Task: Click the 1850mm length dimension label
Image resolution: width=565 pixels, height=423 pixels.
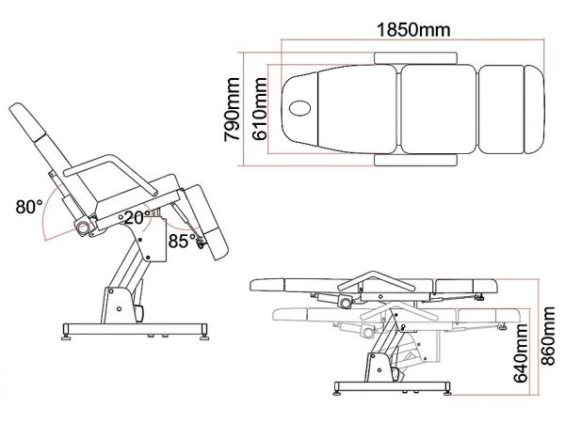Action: coord(413,29)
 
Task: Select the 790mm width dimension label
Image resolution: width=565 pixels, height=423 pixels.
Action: coord(232,109)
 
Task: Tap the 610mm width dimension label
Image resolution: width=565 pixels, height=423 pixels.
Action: coord(260,109)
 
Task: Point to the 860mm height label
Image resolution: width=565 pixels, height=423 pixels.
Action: coord(548,336)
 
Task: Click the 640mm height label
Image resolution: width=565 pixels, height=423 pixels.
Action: coord(520,352)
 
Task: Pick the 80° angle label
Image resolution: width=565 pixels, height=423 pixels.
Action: coord(29,207)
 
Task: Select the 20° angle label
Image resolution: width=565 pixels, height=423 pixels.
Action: coord(137,218)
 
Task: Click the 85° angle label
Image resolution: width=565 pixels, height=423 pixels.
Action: coord(182,241)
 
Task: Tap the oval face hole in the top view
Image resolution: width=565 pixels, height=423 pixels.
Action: coord(299,108)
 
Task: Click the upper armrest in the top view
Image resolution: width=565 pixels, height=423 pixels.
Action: coord(416,58)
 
